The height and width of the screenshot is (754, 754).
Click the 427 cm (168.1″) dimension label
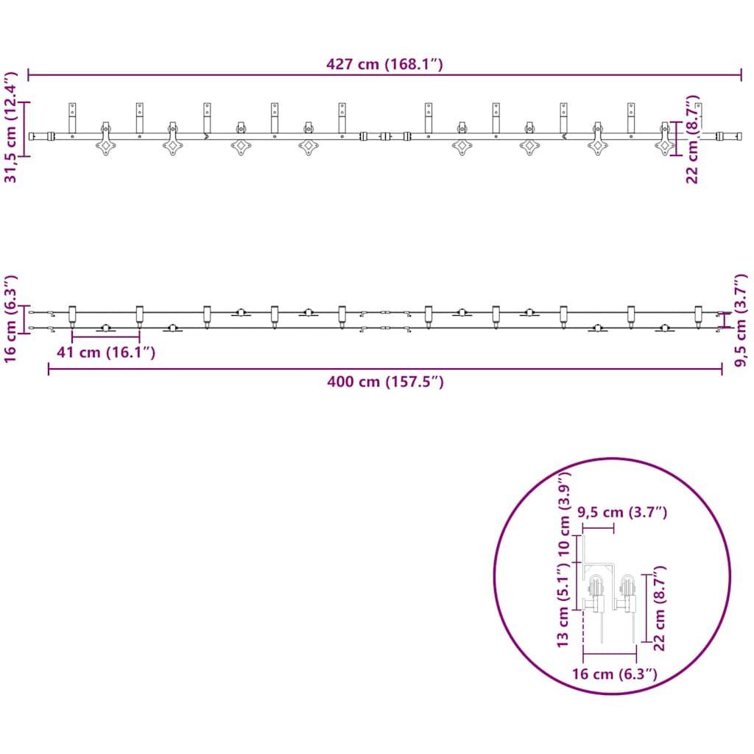(384, 64)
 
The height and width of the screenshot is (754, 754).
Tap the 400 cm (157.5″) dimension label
(385, 382)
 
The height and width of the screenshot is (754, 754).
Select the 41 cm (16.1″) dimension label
(106, 353)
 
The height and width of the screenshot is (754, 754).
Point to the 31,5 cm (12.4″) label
(10, 127)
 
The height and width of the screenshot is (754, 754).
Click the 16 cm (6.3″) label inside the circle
(615, 674)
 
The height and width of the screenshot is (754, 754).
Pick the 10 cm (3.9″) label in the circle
(563, 513)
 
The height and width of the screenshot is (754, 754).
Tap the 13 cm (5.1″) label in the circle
(563, 606)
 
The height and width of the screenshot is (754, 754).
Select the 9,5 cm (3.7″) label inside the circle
(622, 512)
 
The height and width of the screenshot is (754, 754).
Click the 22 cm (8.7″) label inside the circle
(659, 608)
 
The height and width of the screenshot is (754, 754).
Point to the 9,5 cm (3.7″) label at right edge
(741, 320)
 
